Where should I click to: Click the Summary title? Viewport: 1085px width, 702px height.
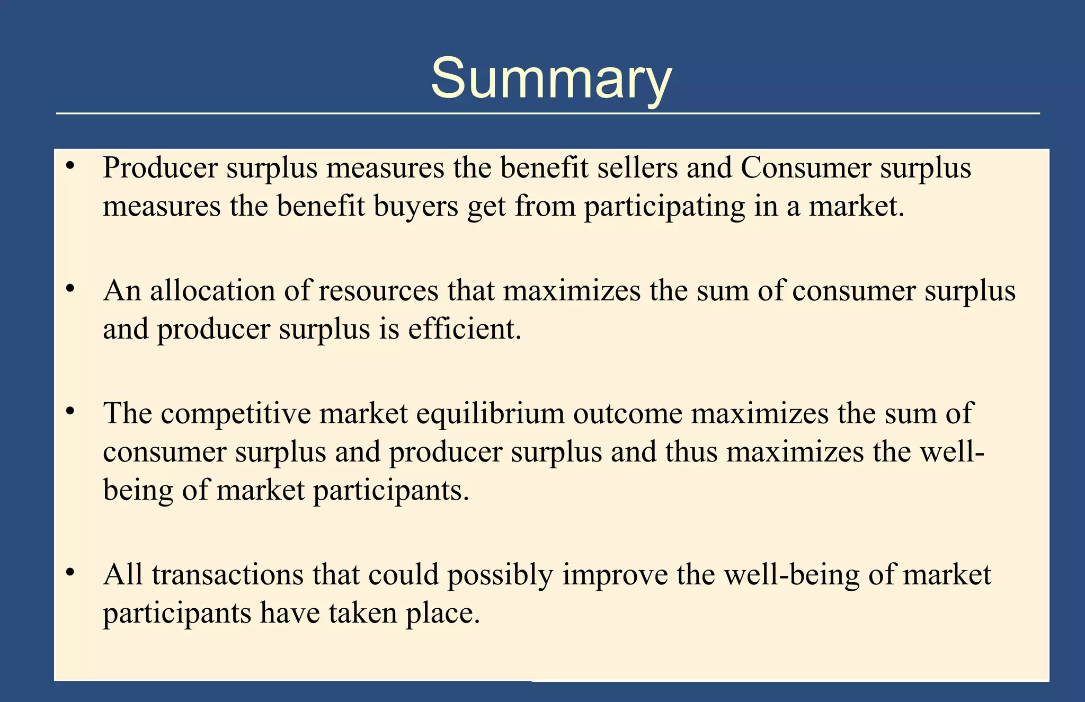(551, 79)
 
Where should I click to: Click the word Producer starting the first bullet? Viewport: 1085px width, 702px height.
(160, 168)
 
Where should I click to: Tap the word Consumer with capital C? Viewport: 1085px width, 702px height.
(806, 168)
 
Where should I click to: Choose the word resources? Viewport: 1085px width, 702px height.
(378, 292)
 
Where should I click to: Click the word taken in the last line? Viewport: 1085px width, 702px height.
(363, 613)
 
